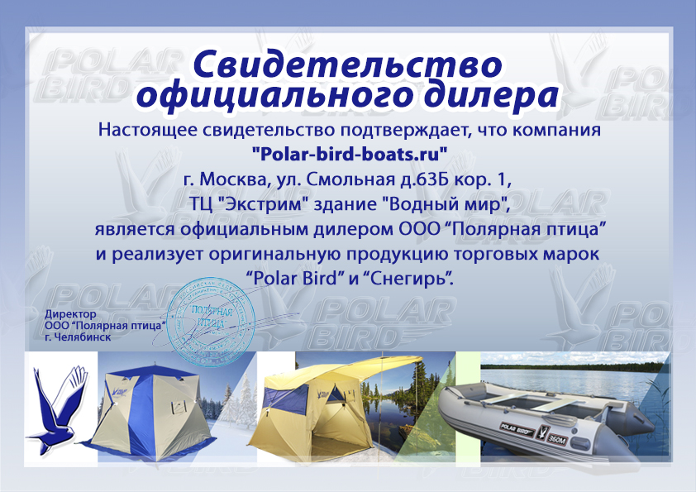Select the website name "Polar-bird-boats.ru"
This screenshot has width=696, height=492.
(x=349, y=153)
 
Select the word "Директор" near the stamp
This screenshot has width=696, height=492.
(x=70, y=314)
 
